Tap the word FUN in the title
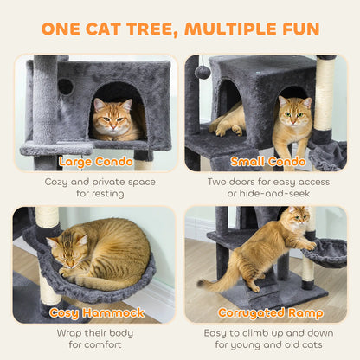pyautogui.click(x=297, y=29)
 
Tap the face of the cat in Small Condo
pyautogui.click(x=294, y=112)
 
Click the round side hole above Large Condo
pyautogui.click(x=66, y=87)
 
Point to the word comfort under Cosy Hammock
pyautogui.click(x=102, y=346)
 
